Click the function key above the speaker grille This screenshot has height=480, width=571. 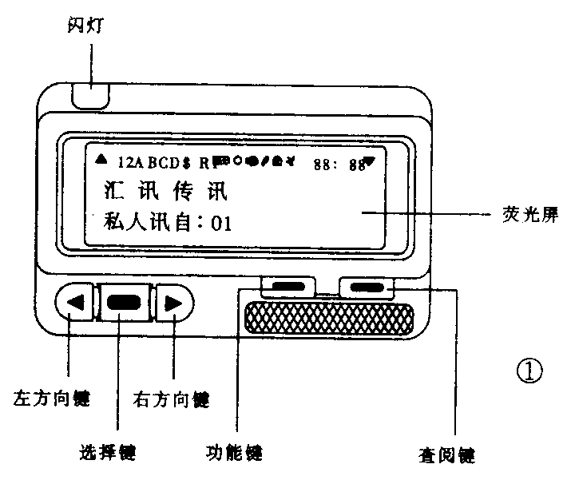[287, 286]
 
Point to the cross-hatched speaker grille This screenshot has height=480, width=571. [328, 319]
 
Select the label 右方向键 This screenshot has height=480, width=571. [173, 396]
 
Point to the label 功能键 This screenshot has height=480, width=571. [234, 453]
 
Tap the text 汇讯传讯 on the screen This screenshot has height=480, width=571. [167, 192]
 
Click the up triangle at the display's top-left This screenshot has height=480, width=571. [100, 161]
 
